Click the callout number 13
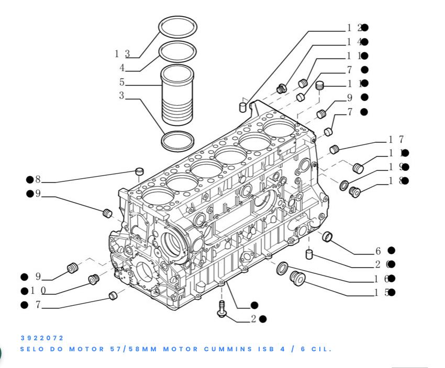[122, 53]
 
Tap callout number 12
[354, 28]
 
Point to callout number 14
[354, 42]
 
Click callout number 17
[396, 140]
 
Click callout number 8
[38, 180]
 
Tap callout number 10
[38, 291]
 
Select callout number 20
[381, 264]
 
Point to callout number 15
[381, 293]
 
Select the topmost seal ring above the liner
[178, 26]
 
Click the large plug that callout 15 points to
[297, 278]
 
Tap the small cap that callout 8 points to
[139, 171]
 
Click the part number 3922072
[42, 338]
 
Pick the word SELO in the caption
[33, 349]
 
